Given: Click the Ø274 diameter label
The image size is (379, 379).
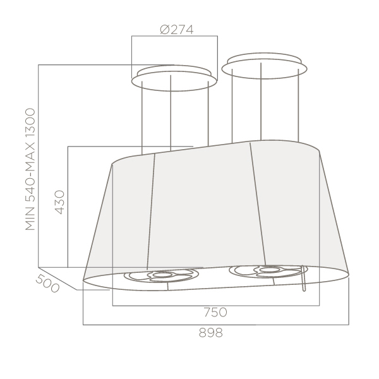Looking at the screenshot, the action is pyautogui.click(x=177, y=30).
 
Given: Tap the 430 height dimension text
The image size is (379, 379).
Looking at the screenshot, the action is pyautogui.click(x=60, y=202).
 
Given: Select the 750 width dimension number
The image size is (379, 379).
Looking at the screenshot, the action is pyautogui.click(x=215, y=312).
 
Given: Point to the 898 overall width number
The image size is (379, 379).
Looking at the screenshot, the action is pyautogui.click(x=211, y=333).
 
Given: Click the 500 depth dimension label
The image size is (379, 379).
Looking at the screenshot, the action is pyautogui.click(x=47, y=284).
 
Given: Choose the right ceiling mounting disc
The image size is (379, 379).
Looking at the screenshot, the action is pyautogui.click(x=264, y=66).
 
